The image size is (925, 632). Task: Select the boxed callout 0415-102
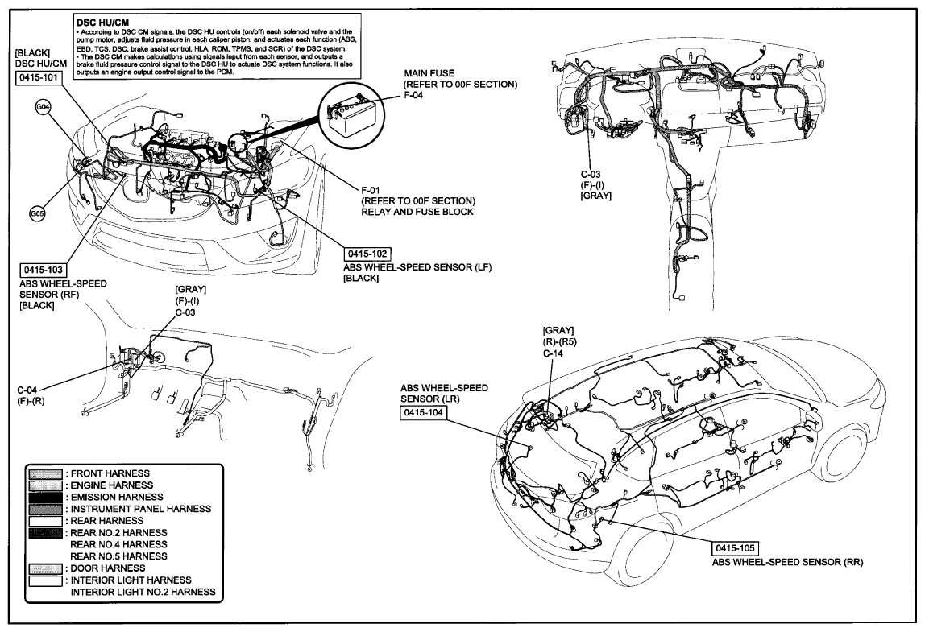coord(367,254)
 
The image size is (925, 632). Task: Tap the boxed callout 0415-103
coord(43,270)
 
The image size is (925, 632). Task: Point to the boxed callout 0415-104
coord(423,413)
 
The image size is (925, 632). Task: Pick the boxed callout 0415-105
coord(735,548)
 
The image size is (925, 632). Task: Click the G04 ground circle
coord(43,107)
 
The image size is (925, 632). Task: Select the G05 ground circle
coord(36,213)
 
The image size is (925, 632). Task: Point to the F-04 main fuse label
coord(413,95)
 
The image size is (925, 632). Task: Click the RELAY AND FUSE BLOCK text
coord(417,212)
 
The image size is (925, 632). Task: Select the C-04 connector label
coord(28,390)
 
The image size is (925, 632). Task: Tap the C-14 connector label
coord(554,353)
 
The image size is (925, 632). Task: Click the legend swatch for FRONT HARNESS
coord(45,473)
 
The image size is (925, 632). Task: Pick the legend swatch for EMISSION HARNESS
coord(45,497)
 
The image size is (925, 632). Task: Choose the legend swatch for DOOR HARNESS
coord(45,568)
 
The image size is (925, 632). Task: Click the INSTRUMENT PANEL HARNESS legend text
coord(140,509)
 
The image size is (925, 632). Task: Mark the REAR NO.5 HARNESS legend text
coord(118,556)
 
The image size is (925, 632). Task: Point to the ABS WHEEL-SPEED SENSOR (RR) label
coord(787,562)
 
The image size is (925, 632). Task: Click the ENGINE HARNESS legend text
coord(111,485)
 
